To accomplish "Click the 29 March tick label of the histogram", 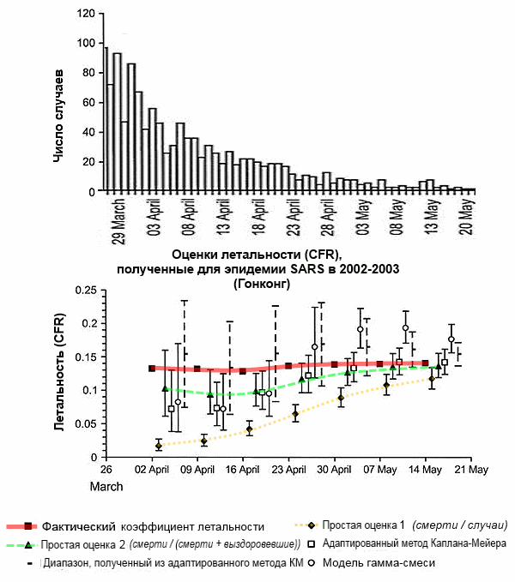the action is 118,222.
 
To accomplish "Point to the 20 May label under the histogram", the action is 468,217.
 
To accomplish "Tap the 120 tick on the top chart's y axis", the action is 86,14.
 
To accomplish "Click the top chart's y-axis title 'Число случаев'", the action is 58,116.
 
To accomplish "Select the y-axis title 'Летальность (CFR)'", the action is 59,372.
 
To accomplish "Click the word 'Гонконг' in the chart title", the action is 262,284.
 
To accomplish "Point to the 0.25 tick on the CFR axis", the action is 86,290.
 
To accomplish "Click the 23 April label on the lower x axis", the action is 288,470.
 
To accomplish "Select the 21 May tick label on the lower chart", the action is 471,470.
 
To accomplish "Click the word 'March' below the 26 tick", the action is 106,487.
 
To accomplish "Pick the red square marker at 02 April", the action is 152,369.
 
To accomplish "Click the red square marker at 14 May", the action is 426,363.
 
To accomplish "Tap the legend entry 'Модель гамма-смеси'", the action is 379,563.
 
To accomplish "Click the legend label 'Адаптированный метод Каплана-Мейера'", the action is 415,543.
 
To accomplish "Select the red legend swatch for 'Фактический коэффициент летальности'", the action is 22,526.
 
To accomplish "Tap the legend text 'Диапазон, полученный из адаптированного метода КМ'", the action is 173,563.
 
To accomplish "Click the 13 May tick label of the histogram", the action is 433,217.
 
